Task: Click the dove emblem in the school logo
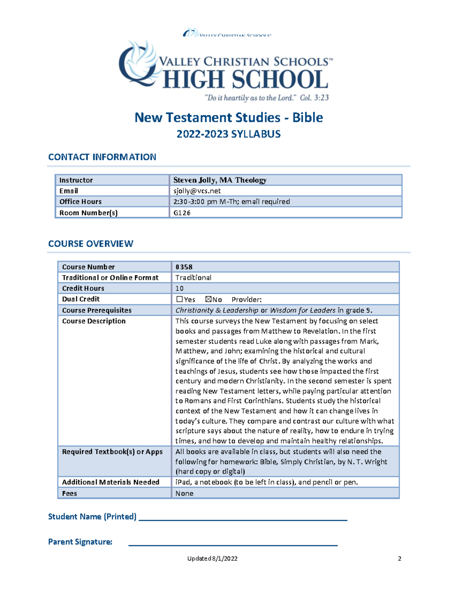click(138, 63)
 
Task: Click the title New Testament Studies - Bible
click(229, 118)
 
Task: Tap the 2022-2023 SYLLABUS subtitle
click(229, 134)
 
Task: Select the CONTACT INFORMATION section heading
click(102, 157)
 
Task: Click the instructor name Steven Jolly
click(220, 180)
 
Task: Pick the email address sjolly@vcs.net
click(197, 191)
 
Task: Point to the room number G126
click(182, 213)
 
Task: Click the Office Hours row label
click(80, 202)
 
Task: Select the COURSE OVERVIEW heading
click(91, 243)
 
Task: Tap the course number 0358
click(184, 267)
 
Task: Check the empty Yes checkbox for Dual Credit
click(179, 299)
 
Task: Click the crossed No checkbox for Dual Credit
click(208, 299)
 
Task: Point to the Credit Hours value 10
click(179, 288)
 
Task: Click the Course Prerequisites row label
click(97, 310)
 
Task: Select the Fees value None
click(184, 493)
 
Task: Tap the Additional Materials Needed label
click(110, 482)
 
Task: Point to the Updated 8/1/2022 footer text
click(212, 558)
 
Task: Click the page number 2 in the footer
click(399, 558)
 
